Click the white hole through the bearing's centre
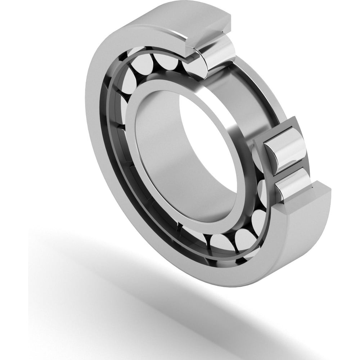pyautogui.click(x=209, y=144)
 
